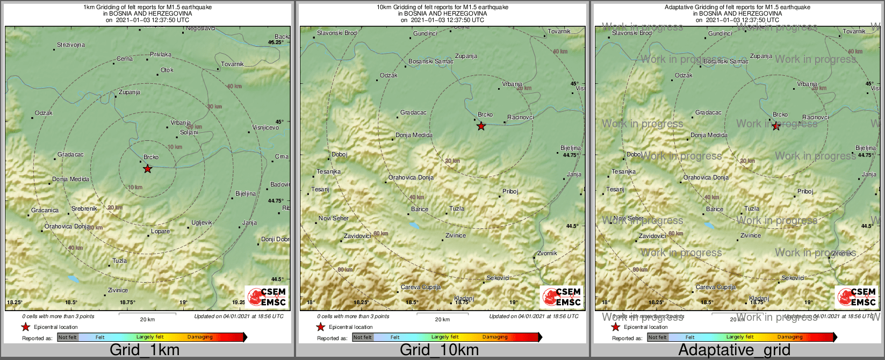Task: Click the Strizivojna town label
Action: click(71, 45)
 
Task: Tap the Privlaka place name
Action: click(160, 54)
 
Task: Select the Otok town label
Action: click(167, 70)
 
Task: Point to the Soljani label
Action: click(189, 132)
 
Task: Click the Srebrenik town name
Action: click(84, 208)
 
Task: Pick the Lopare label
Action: click(160, 231)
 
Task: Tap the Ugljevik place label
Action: click(202, 222)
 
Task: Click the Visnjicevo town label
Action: click(265, 127)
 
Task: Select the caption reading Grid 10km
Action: click(439, 350)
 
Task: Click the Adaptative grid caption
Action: click(734, 350)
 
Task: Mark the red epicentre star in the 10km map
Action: click(481, 126)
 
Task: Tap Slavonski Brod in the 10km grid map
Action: click(336, 33)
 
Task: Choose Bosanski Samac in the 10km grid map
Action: click(430, 61)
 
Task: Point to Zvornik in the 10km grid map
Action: click(547, 253)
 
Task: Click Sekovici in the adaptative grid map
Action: click(793, 278)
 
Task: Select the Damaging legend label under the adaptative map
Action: click(790, 337)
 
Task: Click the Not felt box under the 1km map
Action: click(68, 337)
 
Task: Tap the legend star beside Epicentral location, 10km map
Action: click(320, 327)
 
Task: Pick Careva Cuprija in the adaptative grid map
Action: click(715, 287)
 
